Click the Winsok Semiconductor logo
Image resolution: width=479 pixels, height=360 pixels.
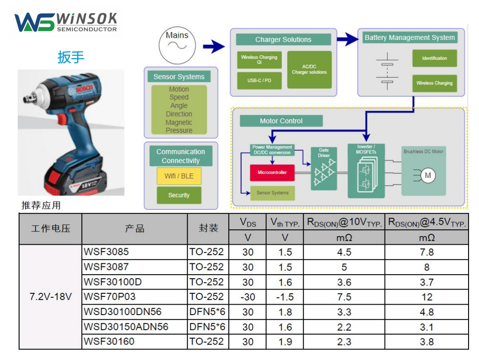(x=66, y=22)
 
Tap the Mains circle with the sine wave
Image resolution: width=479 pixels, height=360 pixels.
(x=177, y=44)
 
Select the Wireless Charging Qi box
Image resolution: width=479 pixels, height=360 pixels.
(x=259, y=60)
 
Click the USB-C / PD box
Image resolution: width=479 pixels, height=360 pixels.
(x=259, y=80)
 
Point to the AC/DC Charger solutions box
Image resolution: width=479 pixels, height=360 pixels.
(x=309, y=69)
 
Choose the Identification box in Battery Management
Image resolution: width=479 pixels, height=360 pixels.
(x=435, y=58)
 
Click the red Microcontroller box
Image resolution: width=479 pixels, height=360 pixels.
(x=272, y=173)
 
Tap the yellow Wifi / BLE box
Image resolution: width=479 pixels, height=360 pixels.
(x=179, y=176)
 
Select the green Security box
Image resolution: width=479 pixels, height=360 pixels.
(x=179, y=195)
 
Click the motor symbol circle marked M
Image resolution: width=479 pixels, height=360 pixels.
(x=427, y=176)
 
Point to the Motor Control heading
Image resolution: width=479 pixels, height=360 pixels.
(x=281, y=121)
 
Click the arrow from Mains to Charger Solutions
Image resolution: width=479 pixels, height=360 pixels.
(x=213, y=46)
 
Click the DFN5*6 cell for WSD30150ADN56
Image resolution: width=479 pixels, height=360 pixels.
(x=207, y=327)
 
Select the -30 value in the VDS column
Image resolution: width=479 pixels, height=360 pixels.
(x=247, y=297)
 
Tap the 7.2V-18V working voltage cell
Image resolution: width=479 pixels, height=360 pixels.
(x=50, y=297)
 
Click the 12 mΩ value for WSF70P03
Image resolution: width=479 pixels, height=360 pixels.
(x=426, y=297)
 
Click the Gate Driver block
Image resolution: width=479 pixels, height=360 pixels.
(x=324, y=168)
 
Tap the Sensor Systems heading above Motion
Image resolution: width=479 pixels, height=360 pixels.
(x=179, y=77)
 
